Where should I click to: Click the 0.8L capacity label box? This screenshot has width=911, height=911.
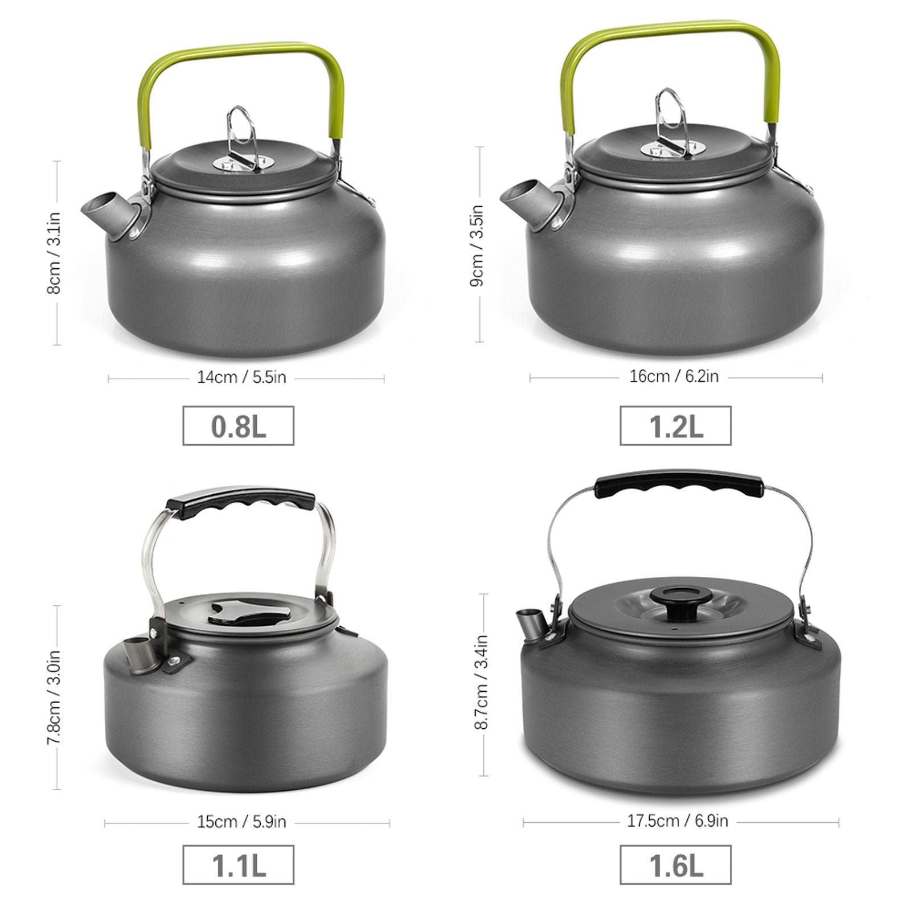[x=238, y=425]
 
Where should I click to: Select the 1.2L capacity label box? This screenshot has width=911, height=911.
[x=675, y=425]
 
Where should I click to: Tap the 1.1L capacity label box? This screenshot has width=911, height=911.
[x=238, y=864]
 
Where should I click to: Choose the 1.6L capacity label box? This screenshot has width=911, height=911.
[x=675, y=864]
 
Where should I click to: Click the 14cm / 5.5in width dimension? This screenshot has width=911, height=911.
[x=241, y=377]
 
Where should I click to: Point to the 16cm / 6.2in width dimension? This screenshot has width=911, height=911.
[x=674, y=376]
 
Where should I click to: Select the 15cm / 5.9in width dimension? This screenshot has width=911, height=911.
[x=241, y=822]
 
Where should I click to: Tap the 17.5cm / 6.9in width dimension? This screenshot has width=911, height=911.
[x=678, y=820]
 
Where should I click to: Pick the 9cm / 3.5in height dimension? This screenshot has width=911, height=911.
[x=477, y=245]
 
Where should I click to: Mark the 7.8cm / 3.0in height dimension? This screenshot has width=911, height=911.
[x=54, y=697]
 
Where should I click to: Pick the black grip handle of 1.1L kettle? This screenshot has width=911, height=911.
[x=240, y=502]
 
